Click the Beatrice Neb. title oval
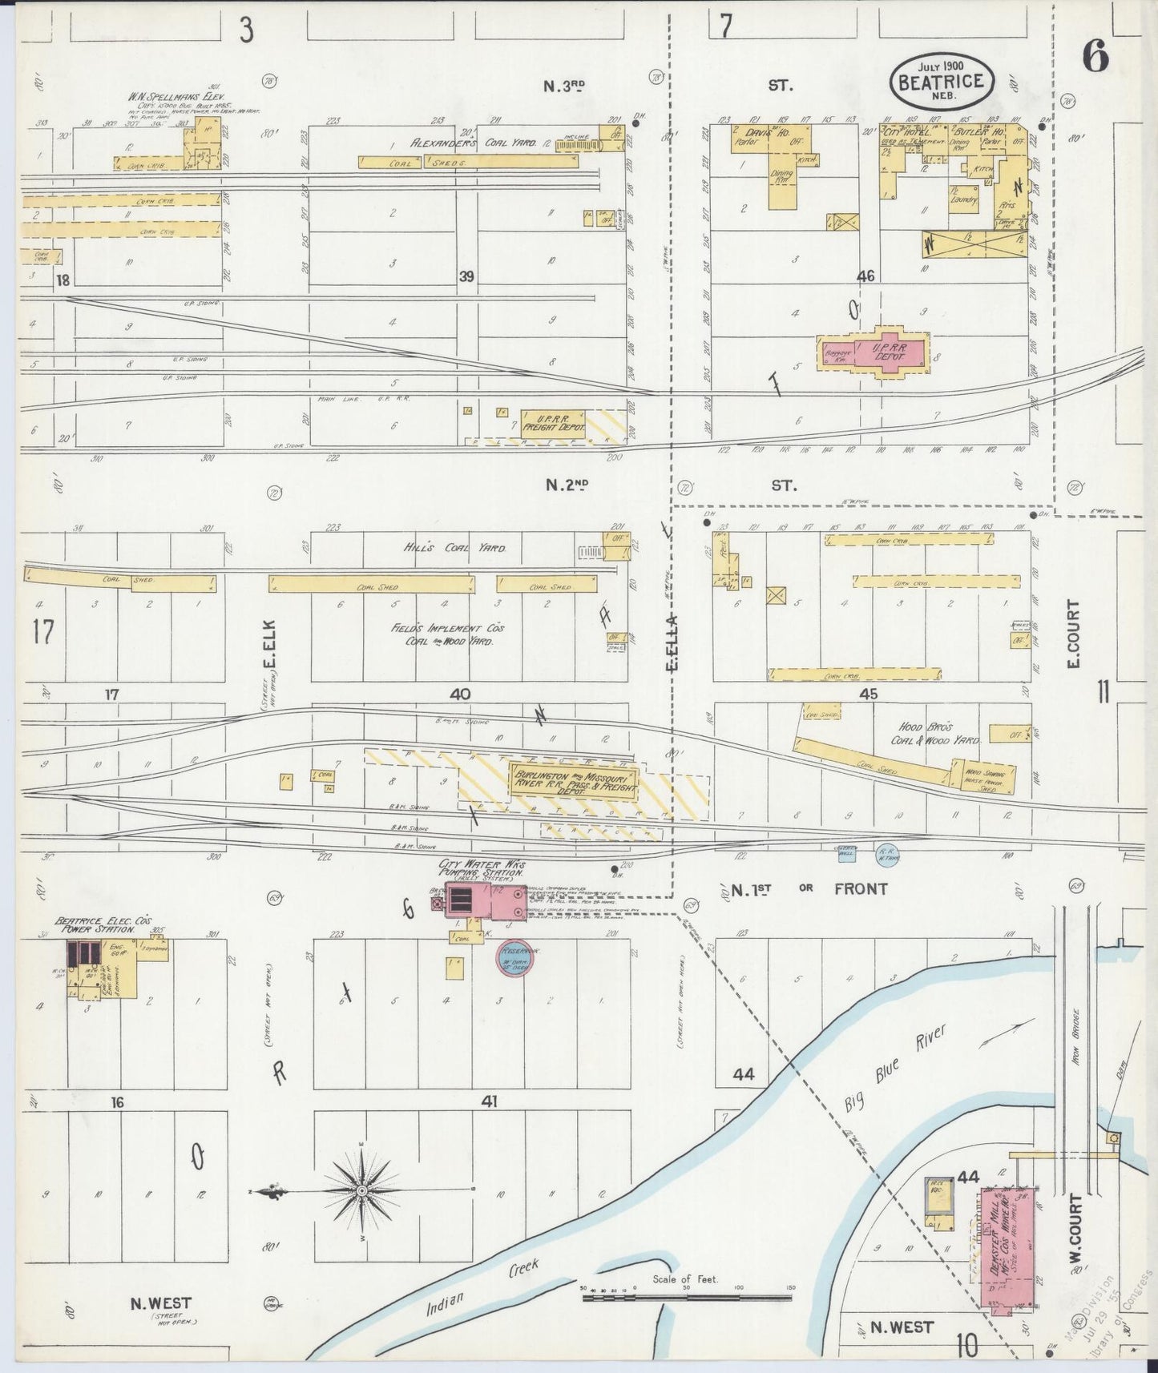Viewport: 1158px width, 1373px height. click(x=942, y=79)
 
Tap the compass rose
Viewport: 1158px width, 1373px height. click(x=361, y=1191)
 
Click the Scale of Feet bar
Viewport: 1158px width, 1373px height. click(x=686, y=1292)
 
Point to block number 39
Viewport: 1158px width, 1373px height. click(x=466, y=276)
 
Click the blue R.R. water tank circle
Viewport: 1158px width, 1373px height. click(x=886, y=853)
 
